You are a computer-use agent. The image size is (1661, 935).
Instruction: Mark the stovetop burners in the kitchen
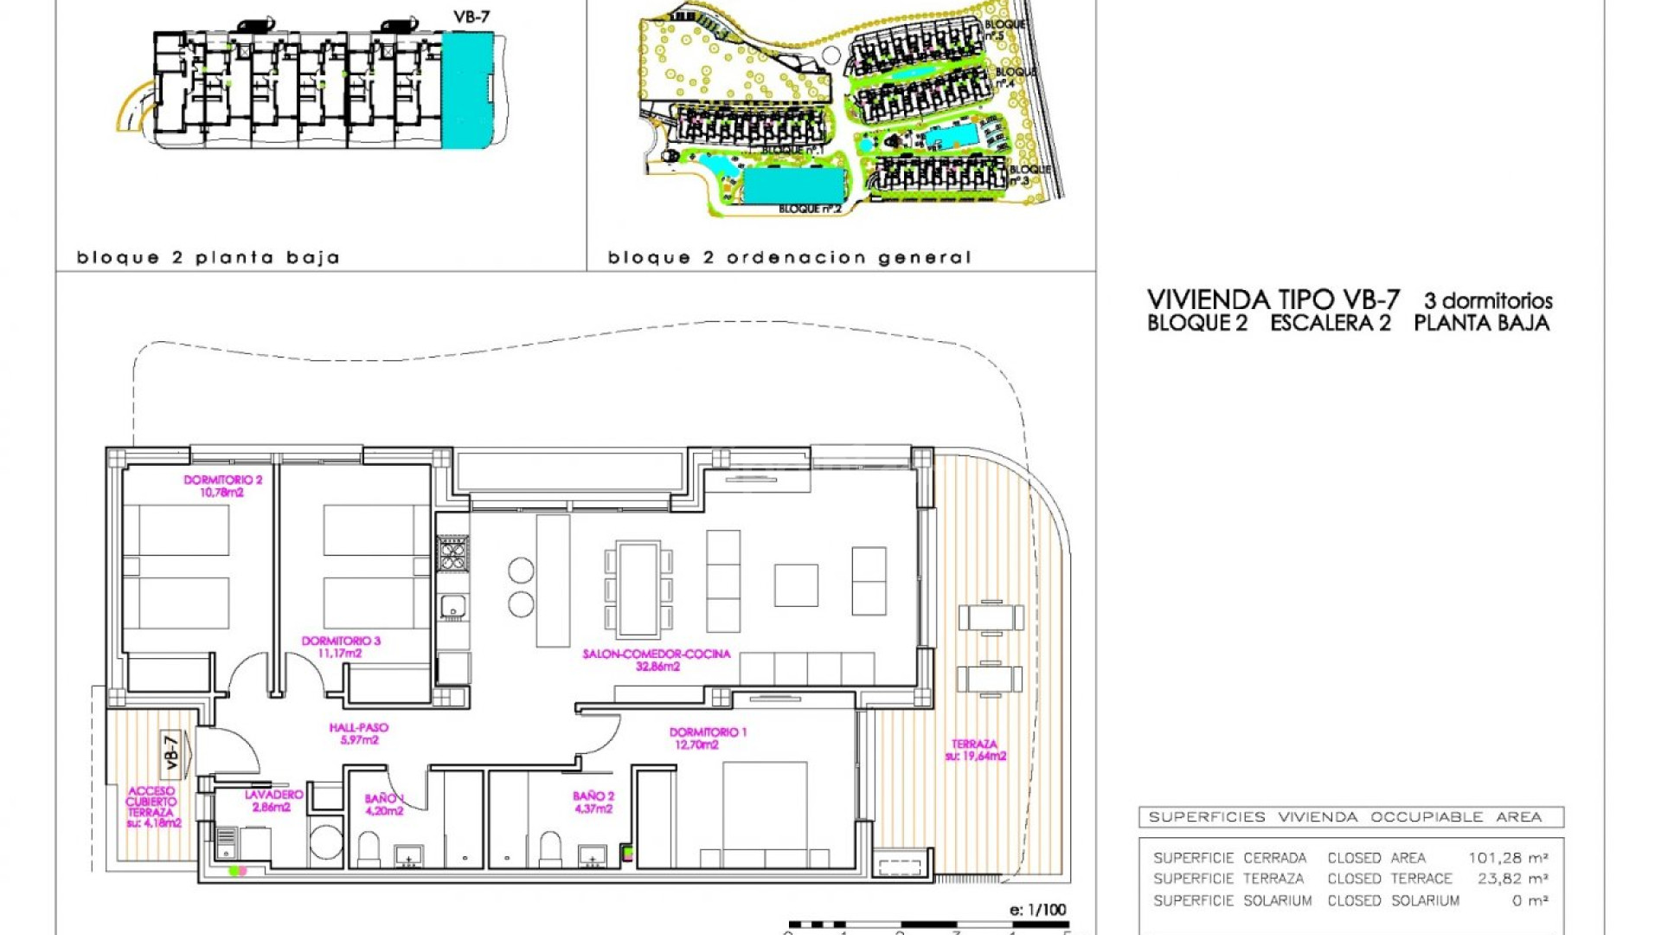(x=452, y=554)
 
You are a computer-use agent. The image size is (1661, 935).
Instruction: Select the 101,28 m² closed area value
(x=1508, y=858)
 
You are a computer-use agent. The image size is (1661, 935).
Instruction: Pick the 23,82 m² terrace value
(x=1512, y=879)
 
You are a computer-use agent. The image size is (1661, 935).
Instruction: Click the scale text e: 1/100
(x=1037, y=910)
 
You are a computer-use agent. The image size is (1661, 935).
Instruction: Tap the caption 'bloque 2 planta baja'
(x=208, y=257)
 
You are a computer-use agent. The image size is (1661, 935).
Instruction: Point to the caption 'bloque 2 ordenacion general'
(x=789, y=257)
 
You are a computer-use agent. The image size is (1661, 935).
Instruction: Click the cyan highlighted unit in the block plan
(x=467, y=89)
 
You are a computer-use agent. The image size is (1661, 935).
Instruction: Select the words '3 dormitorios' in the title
(x=1488, y=300)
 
